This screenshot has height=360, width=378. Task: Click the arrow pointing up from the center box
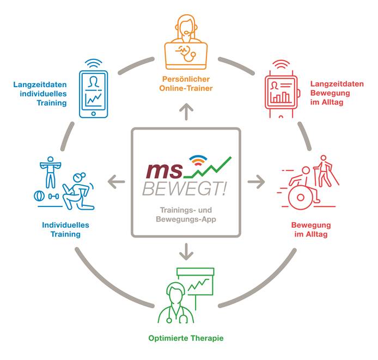[x=186, y=112]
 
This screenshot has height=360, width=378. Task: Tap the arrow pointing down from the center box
[x=186, y=251]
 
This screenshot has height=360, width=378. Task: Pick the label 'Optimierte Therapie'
[x=186, y=338]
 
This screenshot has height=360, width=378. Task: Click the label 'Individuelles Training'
[x=65, y=229]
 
